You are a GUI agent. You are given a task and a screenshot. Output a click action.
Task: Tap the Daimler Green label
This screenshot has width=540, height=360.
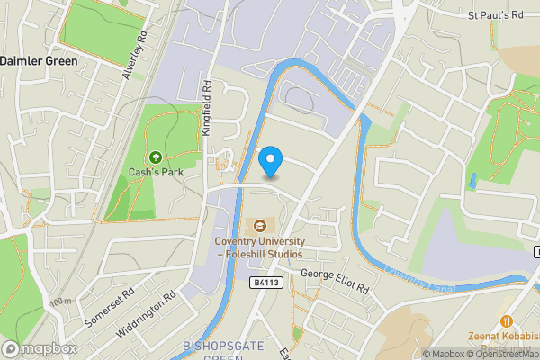(39, 60)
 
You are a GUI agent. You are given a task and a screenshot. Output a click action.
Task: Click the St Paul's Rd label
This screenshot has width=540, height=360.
(495, 15)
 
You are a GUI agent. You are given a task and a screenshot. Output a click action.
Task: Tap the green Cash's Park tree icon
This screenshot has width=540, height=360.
(156, 158)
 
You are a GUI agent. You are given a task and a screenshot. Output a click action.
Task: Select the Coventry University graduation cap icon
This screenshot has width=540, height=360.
(260, 225)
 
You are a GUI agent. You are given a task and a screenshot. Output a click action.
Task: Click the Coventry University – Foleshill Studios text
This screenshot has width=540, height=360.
(259, 247)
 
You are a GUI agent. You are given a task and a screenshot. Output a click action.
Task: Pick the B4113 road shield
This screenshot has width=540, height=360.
(265, 282)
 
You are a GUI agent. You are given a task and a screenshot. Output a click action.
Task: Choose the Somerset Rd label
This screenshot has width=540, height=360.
(111, 306)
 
